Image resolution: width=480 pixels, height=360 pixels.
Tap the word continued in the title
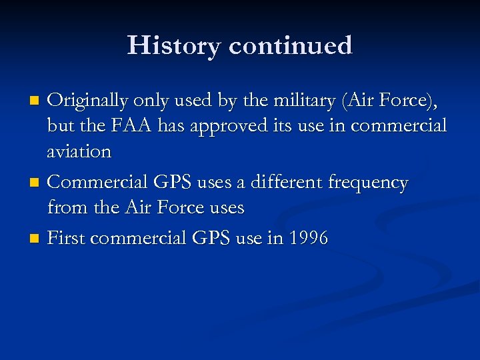pos(290,45)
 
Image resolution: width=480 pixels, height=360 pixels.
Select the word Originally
pos(88,101)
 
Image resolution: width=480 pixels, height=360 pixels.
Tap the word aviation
pos(79,151)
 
